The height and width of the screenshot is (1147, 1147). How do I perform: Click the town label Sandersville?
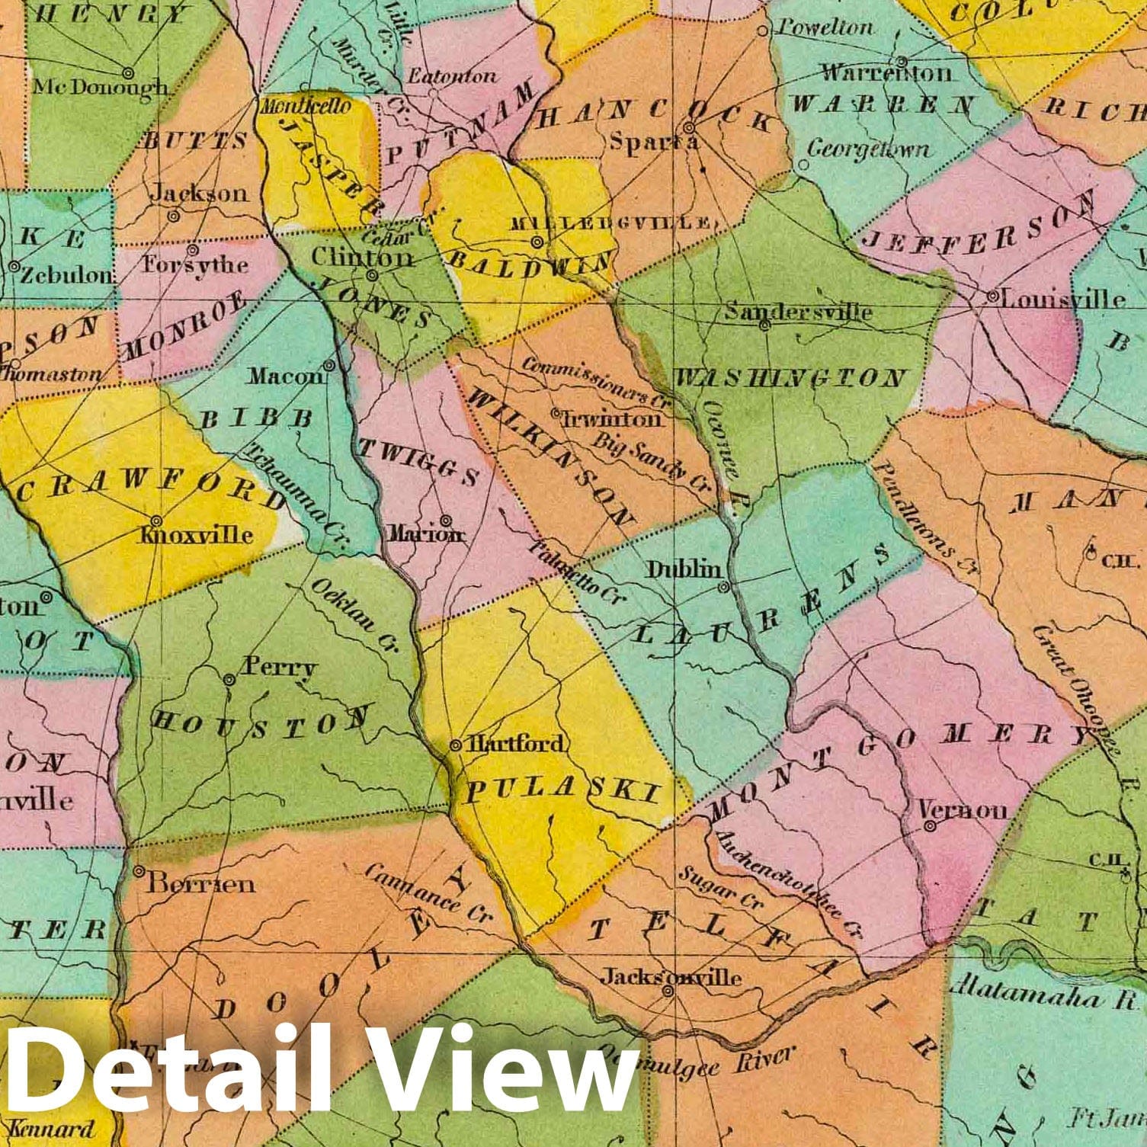[798, 311]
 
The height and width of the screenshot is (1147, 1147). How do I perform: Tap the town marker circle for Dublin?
[724, 587]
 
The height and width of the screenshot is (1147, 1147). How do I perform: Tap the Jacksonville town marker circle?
[668, 992]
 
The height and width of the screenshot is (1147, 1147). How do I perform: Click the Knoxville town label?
[197, 533]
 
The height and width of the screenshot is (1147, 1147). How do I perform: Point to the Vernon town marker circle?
[929, 825]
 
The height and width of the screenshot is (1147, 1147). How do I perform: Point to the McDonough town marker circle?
[128, 72]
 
